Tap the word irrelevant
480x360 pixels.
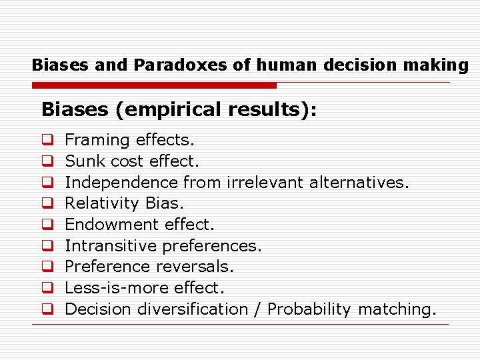coord(264,182)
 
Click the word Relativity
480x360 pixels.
coord(102,203)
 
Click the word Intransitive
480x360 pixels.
coord(111,246)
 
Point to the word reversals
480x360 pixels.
coord(195,267)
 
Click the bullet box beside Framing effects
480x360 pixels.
coord(48,141)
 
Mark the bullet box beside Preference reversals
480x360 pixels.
coord(48,267)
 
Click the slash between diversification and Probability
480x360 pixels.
coord(257,309)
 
